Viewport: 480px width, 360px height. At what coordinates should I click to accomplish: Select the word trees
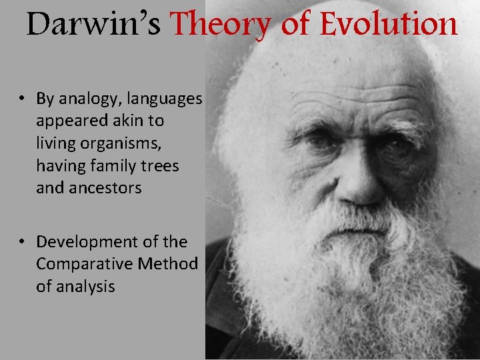pos(160,165)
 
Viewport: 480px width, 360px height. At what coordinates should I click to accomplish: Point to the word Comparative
pos(84,264)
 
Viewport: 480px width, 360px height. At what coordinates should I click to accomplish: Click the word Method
pos(167,264)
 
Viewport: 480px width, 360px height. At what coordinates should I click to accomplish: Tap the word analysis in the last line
pos(86,287)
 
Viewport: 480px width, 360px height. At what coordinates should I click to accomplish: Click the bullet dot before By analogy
pos(22,99)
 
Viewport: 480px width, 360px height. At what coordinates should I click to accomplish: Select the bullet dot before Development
pos(22,242)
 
